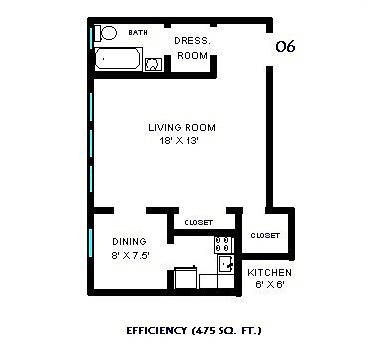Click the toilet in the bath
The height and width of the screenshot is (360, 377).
click(x=105, y=33)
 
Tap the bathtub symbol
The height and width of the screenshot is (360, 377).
click(x=119, y=59)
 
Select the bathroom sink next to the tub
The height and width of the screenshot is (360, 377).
click(x=153, y=64)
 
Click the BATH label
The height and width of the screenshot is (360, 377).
click(x=138, y=32)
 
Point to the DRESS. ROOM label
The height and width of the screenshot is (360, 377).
click(x=192, y=48)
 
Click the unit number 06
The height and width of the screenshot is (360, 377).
click(x=285, y=46)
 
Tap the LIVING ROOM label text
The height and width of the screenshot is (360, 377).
click(x=182, y=127)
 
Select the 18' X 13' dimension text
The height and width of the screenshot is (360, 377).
click(x=179, y=141)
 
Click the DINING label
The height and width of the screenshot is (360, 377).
click(x=129, y=241)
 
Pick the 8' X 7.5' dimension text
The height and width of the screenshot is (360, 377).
click(x=130, y=256)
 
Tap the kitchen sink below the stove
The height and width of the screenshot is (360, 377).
click(x=226, y=264)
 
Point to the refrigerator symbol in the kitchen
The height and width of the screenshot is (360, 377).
click(x=186, y=278)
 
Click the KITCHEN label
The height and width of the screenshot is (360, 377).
click(x=269, y=273)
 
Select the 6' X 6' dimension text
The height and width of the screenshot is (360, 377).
click(x=269, y=284)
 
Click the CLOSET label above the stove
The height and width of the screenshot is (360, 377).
click(x=198, y=222)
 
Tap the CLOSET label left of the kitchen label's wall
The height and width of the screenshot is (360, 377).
click(x=265, y=235)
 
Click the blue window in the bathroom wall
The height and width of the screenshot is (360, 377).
click(x=91, y=38)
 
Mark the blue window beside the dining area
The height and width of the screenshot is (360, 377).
click(x=90, y=242)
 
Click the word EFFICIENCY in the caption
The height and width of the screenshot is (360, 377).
click(x=156, y=331)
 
